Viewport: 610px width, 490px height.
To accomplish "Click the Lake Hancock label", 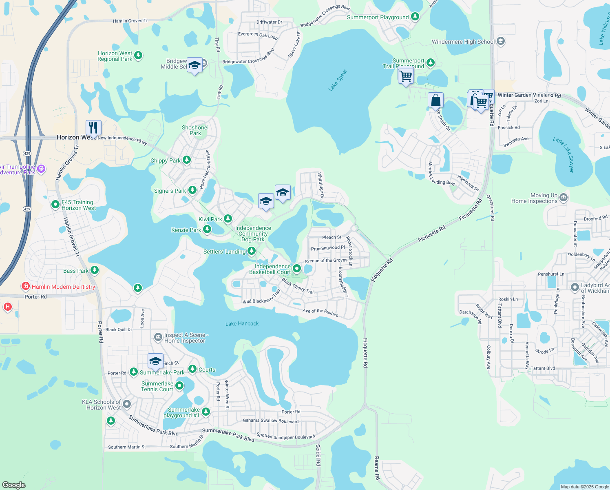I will [x=242, y=324].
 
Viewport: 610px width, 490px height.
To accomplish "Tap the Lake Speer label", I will [x=338, y=80].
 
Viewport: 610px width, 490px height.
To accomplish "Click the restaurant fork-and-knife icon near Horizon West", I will [x=93, y=128].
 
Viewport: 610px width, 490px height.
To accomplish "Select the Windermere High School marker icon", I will [x=501, y=41].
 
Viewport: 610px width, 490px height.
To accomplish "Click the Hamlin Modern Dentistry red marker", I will [x=26, y=286].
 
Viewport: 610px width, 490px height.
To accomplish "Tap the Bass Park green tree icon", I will [x=95, y=270].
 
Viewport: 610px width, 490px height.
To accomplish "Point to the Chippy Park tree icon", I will [x=187, y=160].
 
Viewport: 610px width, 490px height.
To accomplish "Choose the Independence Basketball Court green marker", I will [x=297, y=269].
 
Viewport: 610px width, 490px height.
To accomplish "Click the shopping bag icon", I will [x=435, y=100].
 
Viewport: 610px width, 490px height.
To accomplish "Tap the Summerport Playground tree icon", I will [x=415, y=17].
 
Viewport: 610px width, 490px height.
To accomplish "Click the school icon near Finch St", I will [x=155, y=361].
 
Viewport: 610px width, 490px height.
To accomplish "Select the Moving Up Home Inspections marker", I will [x=564, y=198].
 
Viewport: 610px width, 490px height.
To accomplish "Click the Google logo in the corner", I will [x=14, y=485].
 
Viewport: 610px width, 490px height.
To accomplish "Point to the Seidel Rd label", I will [x=318, y=455].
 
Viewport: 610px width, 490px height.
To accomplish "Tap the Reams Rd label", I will [x=377, y=468].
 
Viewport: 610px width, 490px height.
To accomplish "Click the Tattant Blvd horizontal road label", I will [x=543, y=368].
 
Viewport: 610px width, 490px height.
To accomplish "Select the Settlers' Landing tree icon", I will [x=252, y=251].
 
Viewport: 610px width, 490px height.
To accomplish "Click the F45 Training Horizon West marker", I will [x=55, y=205].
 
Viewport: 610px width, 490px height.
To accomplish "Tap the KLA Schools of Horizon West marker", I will [x=127, y=404].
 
